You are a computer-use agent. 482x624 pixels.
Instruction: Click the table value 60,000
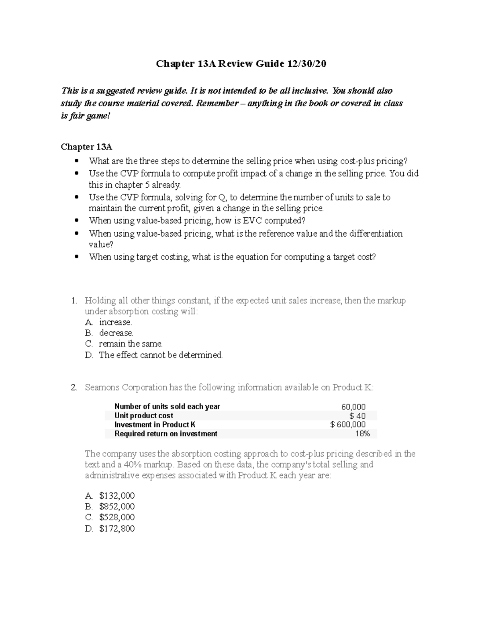click(x=353, y=407)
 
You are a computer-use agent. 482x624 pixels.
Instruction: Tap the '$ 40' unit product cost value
click(x=357, y=416)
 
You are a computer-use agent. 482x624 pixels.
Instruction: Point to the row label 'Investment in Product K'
click(x=155, y=425)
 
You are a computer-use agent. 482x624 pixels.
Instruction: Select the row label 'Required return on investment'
click(x=166, y=434)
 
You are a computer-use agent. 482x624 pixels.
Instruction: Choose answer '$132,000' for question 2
click(x=116, y=496)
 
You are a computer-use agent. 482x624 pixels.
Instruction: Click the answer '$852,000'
click(x=116, y=507)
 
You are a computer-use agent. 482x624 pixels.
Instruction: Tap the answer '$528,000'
click(x=116, y=518)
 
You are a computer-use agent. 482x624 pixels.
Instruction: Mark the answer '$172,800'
click(x=116, y=529)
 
